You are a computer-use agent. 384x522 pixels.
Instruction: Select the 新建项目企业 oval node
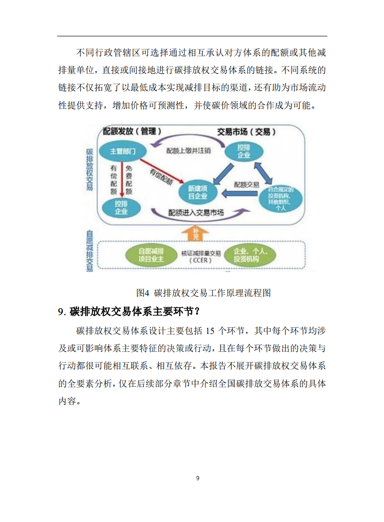[198, 192]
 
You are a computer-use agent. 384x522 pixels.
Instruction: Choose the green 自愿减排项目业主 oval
[152, 255]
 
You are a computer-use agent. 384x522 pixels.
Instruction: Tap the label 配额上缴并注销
[189, 151]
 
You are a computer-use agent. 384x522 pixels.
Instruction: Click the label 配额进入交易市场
[196, 212]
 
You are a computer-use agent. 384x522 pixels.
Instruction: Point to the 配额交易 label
[246, 185]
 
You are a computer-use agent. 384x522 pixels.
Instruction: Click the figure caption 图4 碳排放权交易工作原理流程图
[203, 293]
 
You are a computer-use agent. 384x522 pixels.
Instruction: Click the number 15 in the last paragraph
[210, 331]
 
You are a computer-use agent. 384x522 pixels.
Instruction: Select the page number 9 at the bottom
[198, 478]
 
